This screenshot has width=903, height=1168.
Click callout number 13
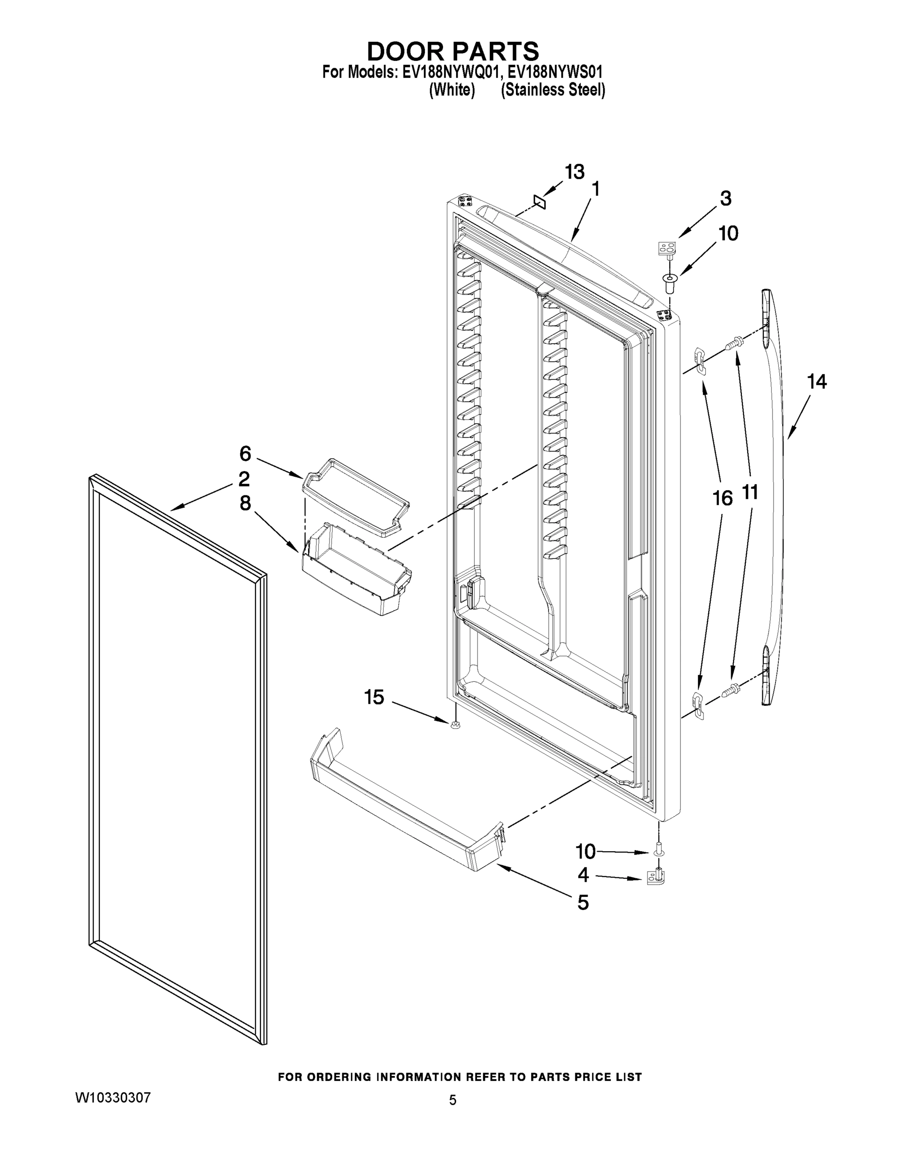[574, 172]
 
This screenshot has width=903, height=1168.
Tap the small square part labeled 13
[539, 202]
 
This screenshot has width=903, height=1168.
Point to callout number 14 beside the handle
[816, 382]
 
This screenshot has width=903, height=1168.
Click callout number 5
[583, 903]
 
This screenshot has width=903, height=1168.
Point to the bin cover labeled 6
[355, 496]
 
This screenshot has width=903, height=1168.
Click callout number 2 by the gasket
[244, 479]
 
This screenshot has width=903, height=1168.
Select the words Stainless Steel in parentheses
[553, 90]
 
